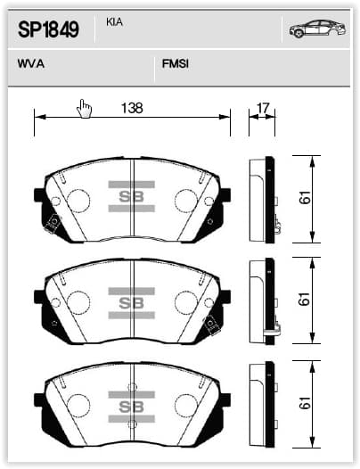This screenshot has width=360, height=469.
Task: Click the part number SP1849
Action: click(48, 29)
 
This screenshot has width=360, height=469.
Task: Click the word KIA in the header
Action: click(114, 22)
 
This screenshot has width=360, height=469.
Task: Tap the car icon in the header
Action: click(317, 29)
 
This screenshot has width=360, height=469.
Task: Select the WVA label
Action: click(31, 63)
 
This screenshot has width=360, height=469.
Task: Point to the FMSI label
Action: click(176, 63)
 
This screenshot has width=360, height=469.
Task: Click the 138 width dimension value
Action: click(132, 108)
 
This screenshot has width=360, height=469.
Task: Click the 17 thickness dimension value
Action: click(263, 108)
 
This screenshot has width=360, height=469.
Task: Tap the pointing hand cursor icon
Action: click(84, 109)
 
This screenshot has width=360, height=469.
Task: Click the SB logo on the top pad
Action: click(132, 196)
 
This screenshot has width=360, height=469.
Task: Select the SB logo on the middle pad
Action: click(132, 303)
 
